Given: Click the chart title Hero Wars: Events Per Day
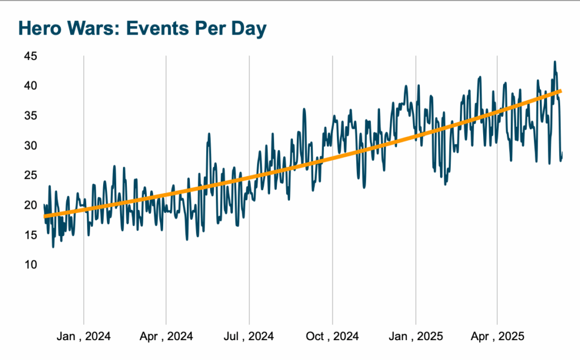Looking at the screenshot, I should tap(142, 29).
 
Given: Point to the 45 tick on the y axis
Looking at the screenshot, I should tap(30, 56).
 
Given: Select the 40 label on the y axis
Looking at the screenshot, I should tap(30, 86).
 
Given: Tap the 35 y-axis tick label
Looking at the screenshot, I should tap(30, 115).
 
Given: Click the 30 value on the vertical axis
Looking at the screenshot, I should tap(30, 145).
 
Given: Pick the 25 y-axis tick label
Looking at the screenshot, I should tap(30, 175).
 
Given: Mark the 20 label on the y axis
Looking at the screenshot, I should tap(30, 205).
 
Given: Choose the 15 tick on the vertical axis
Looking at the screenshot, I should tap(30, 235).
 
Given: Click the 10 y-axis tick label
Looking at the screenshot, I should tap(30, 264).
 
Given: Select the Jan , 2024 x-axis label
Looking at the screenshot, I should tap(83, 336).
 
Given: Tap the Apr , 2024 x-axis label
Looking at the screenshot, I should tap(166, 336).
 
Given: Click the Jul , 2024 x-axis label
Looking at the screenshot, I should tap(249, 336).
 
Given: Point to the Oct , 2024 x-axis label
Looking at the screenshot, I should tap(332, 336).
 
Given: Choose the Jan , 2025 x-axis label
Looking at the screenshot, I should tap(415, 336).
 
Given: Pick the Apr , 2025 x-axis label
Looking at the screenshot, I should tap(497, 336).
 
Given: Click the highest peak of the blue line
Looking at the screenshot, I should tap(555, 62).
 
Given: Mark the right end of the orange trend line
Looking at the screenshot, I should tap(560, 91).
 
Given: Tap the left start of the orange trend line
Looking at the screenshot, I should tap(45, 216).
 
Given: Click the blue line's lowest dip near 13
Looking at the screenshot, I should tap(53, 247).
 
